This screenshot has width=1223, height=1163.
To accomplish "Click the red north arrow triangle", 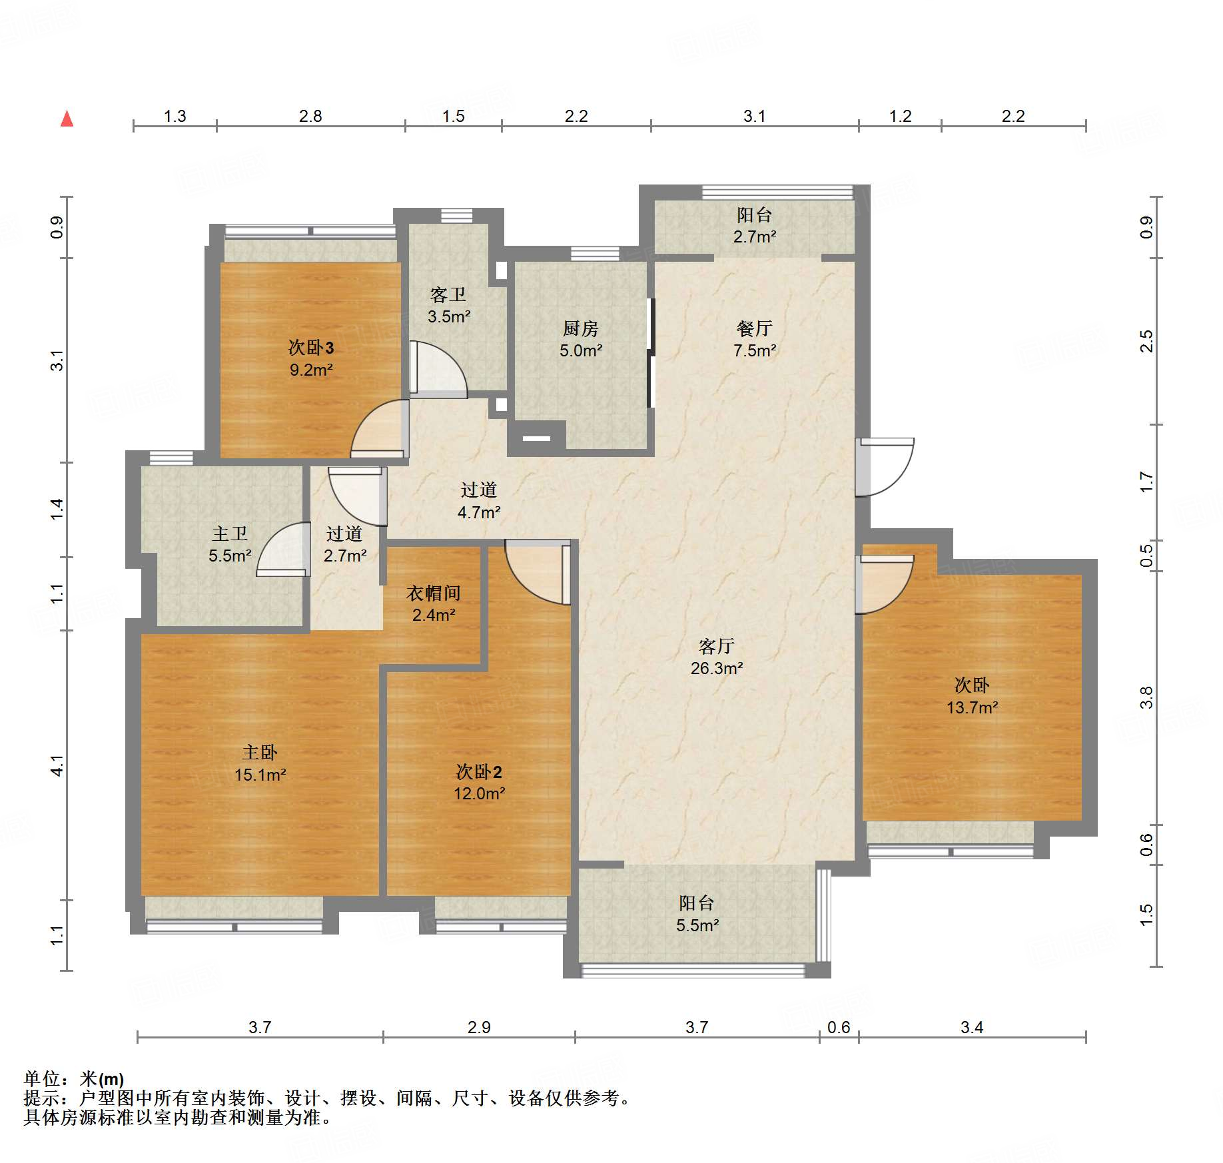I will pos(67,119).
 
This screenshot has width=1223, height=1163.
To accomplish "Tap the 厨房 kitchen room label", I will pos(580,328).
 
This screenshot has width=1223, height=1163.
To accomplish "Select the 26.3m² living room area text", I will pos(716,668).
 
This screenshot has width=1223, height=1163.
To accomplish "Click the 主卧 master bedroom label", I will pos(259,753).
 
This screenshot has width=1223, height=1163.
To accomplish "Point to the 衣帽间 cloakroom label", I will pos(433,593).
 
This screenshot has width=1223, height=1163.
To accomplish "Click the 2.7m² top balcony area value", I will pos(754,236).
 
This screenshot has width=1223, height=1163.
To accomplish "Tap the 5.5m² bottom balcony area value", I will pos(697,925).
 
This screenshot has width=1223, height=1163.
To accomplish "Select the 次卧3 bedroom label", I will pos(310,347).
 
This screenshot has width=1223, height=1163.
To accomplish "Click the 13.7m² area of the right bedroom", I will pos(972,707).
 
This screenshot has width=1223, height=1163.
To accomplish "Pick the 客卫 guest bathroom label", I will pos(448,294).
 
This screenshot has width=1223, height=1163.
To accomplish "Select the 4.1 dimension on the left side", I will pos(58,765).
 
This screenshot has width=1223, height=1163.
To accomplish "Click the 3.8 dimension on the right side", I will pos(1146,697).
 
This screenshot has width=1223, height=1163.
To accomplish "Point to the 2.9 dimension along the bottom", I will pos(478,1027).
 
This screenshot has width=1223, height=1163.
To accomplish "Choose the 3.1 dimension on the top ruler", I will pos(754,117).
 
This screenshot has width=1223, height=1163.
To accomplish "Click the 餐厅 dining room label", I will pos(754,328).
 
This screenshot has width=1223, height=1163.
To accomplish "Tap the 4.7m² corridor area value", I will pos(478,512).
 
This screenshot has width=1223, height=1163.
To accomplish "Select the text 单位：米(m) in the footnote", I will pos(74,1079).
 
